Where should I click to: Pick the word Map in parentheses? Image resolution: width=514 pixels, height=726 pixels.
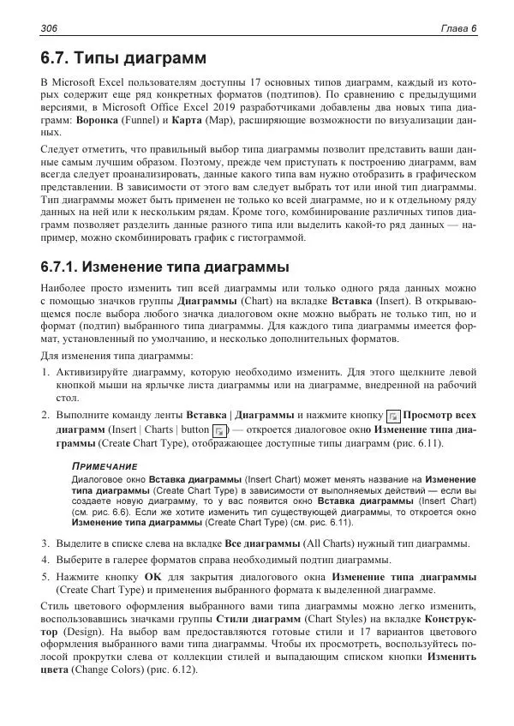point(225,121)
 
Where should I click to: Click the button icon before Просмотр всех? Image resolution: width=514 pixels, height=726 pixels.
point(393,415)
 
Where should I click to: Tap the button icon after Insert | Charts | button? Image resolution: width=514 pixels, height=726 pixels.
point(220,429)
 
